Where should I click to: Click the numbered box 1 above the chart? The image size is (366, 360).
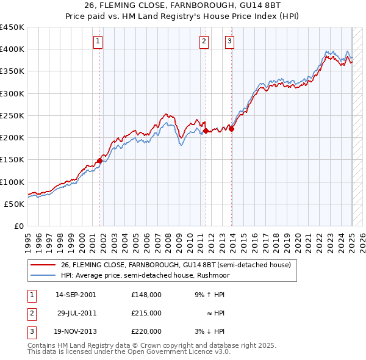[98, 41]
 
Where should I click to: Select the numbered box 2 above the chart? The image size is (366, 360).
[203, 41]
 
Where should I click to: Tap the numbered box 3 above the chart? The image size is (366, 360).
[229, 41]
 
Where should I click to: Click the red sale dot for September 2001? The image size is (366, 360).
[99, 160]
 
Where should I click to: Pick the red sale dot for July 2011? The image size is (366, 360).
[206, 131]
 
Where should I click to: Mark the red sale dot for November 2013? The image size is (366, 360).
[232, 129]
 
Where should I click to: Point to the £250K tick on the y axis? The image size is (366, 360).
[12, 115]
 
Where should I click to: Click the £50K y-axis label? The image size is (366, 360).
[15, 204]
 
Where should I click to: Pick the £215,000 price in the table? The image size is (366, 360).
[146, 313]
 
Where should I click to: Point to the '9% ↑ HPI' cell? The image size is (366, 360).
[210, 295]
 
